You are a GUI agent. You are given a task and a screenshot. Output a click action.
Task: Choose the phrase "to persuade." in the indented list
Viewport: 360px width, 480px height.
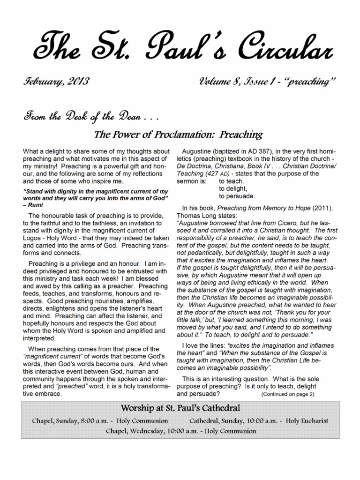coord(237,195)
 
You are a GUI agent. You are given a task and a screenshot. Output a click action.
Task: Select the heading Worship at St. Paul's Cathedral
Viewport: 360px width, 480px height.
coord(180,407)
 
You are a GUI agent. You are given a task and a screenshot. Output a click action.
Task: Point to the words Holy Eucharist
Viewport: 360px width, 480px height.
coord(307,420)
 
